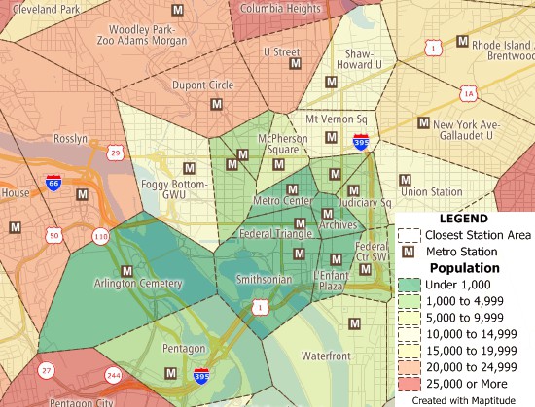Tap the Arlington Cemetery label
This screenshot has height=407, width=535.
click(x=138, y=284)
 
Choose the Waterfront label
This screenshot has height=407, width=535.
click(x=327, y=356)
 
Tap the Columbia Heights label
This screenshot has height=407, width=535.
click(x=280, y=9)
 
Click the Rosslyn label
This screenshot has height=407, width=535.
click(x=70, y=139)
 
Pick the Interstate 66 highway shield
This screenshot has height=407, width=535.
click(x=53, y=182)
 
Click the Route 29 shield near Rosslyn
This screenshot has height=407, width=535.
click(x=116, y=153)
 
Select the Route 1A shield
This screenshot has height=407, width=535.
click(x=470, y=93)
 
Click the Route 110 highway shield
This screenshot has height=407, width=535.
click(x=101, y=236)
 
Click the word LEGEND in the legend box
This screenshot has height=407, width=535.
click(x=463, y=220)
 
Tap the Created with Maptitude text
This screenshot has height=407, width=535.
click(x=463, y=399)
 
